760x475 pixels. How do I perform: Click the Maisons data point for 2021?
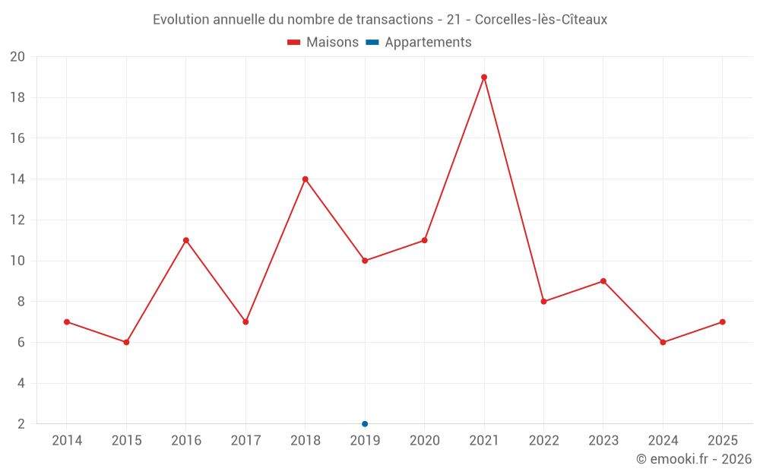(x=484, y=77)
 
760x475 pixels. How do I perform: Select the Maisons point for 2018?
(x=306, y=179)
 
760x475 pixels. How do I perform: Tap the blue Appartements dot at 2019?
(x=365, y=424)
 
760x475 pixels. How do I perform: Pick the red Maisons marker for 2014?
(x=67, y=322)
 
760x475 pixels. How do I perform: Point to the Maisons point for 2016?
(x=186, y=240)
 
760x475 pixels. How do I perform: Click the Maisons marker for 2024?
(x=663, y=342)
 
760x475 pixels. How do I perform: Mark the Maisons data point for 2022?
(x=544, y=302)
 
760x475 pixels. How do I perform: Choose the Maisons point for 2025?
(x=723, y=322)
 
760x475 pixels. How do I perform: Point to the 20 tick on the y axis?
(x=17, y=57)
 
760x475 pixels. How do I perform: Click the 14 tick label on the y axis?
(x=17, y=179)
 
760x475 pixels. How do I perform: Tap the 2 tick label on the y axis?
(x=21, y=424)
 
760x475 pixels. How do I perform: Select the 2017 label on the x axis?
(x=245, y=441)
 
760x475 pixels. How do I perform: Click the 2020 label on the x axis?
(x=425, y=441)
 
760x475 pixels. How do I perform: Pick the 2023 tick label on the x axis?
(x=603, y=441)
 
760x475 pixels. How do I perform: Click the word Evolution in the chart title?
(x=181, y=20)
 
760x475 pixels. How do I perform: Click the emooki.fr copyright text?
(x=694, y=459)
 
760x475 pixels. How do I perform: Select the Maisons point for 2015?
(x=127, y=342)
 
